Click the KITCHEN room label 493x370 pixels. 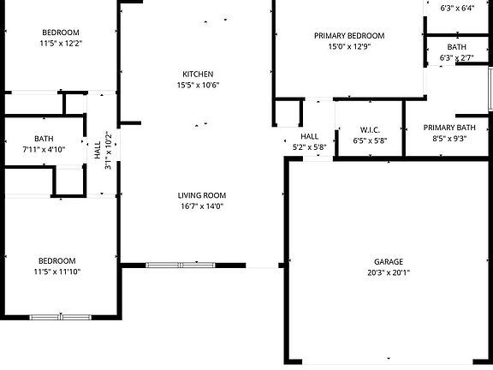(x=198, y=74)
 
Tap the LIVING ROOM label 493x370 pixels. (x=200, y=194)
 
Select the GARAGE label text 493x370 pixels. (x=388, y=262)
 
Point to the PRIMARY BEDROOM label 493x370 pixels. (x=348, y=36)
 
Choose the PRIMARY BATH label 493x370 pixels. (x=448, y=128)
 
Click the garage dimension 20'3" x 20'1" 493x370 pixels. (x=388, y=273)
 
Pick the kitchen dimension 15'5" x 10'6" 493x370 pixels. (x=198, y=85)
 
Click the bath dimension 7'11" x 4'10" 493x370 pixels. (x=44, y=150)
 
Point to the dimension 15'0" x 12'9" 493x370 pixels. (x=348, y=47)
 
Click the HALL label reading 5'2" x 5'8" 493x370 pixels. (x=309, y=147)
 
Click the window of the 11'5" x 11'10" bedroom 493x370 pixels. (x=60, y=317)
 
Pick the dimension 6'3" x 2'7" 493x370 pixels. (x=457, y=58)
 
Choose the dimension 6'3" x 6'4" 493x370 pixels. (x=457, y=9)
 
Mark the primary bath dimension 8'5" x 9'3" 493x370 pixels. (x=448, y=139)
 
